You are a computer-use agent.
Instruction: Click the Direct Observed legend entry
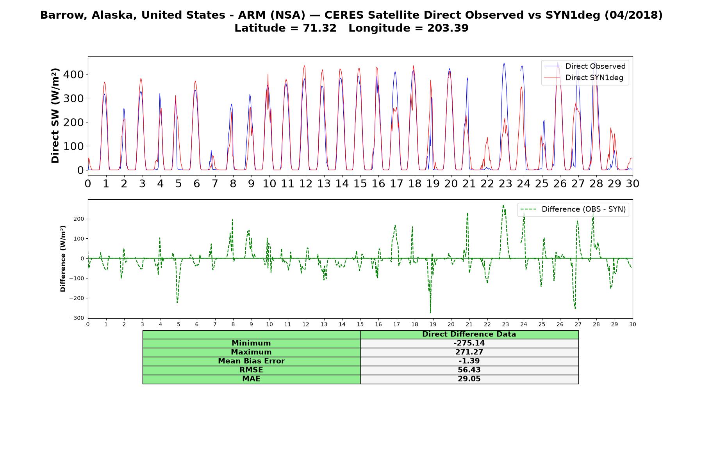[585, 66]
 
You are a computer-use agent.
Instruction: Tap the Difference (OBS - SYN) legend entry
[573, 209]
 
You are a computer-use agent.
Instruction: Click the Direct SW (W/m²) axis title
[55, 115]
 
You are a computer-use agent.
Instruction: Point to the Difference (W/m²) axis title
[63, 259]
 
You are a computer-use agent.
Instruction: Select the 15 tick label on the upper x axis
[360, 183]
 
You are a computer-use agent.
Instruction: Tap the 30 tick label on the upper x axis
[633, 183]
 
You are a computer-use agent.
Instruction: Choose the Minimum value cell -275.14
[469, 343]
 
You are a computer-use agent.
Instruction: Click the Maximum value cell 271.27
[469, 352]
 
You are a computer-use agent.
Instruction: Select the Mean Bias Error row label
[251, 361]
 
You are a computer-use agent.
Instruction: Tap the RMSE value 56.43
[469, 370]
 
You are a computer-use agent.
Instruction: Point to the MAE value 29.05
[469, 379]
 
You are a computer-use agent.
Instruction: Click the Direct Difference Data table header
[469, 334]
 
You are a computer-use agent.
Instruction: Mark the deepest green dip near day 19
[431, 313]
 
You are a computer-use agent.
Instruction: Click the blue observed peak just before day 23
[504, 63]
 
